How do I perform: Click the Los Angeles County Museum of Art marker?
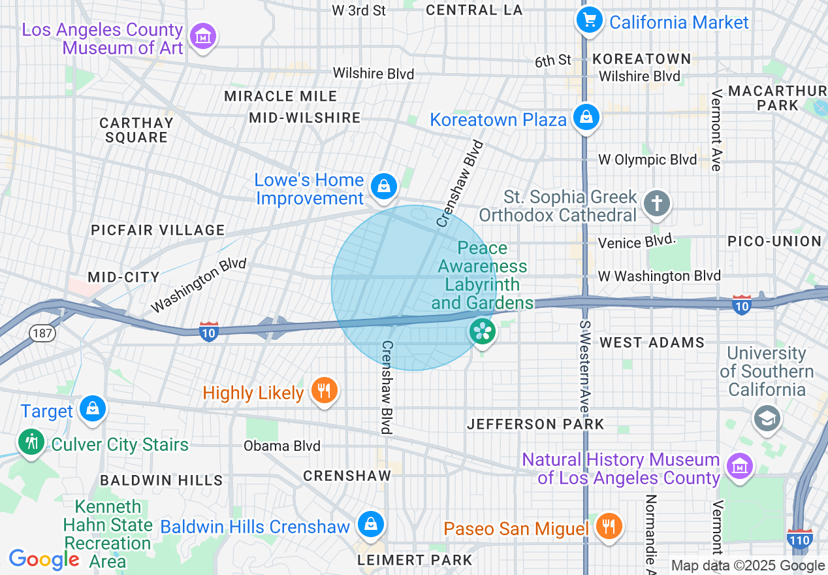tap(204, 37)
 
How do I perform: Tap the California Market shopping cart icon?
tap(590, 20)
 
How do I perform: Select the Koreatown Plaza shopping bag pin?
tap(586, 118)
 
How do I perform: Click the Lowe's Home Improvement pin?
tap(384, 187)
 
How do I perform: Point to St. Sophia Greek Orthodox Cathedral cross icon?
tap(657, 203)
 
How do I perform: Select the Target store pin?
tap(92, 409)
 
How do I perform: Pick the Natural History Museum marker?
tap(739, 467)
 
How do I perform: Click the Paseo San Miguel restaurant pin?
tap(609, 526)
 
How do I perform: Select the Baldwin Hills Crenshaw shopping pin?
tap(370, 525)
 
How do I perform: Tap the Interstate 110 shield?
tap(799, 538)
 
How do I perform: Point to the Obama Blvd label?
tap(282, 446)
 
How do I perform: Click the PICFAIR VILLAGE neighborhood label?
tap(158, 230)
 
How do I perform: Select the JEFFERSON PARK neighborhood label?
tap(535, 425)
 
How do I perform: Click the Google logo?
tap(44, 559)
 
